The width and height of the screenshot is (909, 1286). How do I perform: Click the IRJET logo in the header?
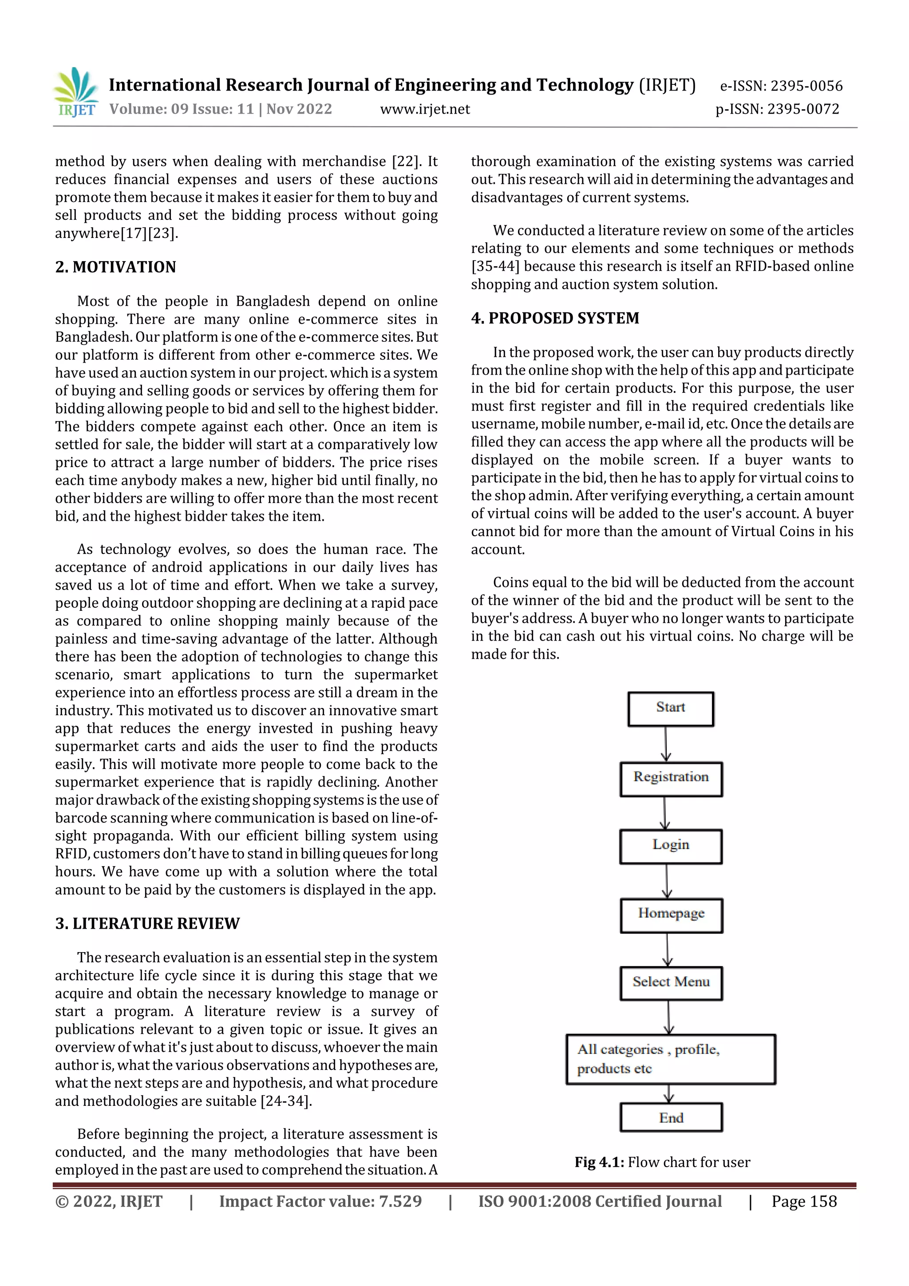(x=76, y=92)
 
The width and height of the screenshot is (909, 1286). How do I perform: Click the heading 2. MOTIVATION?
(x=115, y=267)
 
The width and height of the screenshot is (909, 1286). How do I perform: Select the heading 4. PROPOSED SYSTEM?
(x=554, y=318)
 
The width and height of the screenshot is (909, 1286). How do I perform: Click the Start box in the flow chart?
(x=670, y=709)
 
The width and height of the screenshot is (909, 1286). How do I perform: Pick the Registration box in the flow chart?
(x=670, y=779)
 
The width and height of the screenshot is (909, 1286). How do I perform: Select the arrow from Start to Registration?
(x=665, y=744)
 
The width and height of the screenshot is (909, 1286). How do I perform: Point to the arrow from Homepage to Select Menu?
(x=667, y=950)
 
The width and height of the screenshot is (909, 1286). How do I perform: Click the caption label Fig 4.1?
(x=599, y=1162)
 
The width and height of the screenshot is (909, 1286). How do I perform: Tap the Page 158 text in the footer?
(x=804, y=1201)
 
